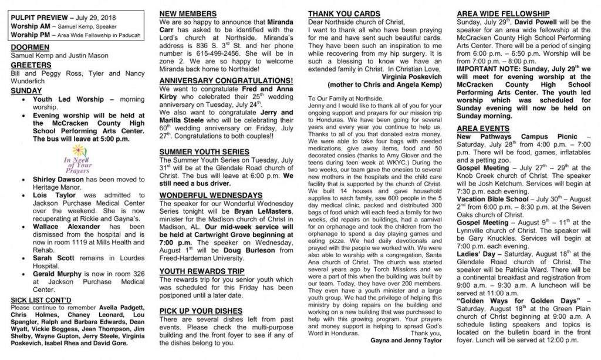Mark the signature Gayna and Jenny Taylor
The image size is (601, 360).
(407, 339)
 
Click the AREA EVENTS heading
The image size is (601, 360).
(483, 127)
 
